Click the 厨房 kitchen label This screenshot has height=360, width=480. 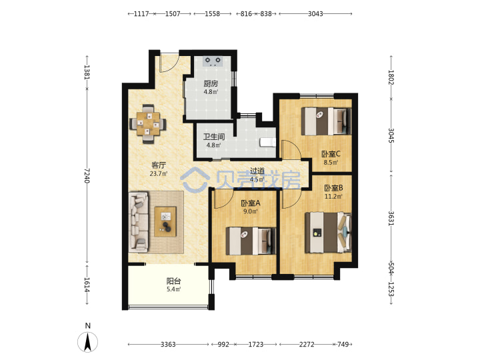coord(211,83)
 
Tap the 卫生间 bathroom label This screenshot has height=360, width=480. coord(214,137)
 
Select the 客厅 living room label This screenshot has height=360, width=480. coord(159,165)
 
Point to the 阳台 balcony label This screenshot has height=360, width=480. coord(173,281)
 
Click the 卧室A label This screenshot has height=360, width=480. coord(251,203)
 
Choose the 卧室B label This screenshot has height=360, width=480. coord(333,187)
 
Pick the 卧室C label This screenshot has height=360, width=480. coord(331,154)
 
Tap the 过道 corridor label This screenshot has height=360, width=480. coord(257,171)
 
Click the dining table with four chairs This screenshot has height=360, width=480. coord(149,124)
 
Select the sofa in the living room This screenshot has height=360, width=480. coord(139,222)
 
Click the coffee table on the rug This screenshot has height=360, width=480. coord(165,222)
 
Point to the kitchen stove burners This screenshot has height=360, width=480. coord(213,61)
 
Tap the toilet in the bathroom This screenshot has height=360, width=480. coord(268,143)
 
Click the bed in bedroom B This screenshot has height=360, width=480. coord(329,233)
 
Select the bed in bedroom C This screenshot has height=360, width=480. coord(326,121)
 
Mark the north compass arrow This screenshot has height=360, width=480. coord(88,342)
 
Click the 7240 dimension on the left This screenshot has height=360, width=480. coord(87,176)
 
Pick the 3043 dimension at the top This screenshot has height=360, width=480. coord(315,14)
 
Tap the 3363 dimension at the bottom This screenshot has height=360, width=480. coord(168,345)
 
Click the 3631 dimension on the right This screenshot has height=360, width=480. coord(391,218)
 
